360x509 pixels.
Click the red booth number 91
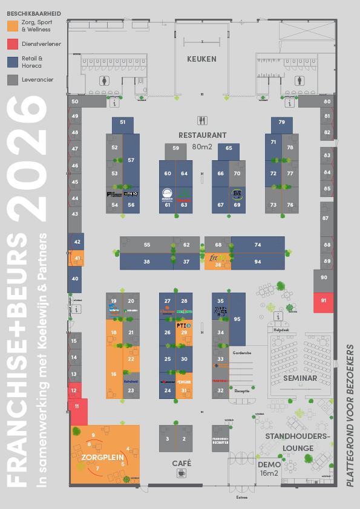tap(324, 300)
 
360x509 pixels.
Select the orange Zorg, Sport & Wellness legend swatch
tap(12, 25)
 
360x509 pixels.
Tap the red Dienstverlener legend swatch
tap(12, 44)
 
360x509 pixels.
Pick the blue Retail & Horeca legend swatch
tap(12, 62)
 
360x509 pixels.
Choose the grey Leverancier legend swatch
tap(12, 79)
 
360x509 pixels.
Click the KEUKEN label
tap(201, 59)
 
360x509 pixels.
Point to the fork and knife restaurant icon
tap(202, 120)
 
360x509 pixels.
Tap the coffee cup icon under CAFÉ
tap(182, 474)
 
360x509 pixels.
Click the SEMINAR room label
tap(300, 378)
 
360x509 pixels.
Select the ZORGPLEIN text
tap(103, 458)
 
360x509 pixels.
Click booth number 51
tap(123, 122)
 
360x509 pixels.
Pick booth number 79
tap(282, 122)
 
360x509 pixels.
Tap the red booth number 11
tap(77, 407)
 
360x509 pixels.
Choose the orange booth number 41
tap(77, 258)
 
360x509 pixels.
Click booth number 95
tap(237, 319)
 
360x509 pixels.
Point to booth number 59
tap(176, 148)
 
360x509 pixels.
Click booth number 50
tap(74, 102)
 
